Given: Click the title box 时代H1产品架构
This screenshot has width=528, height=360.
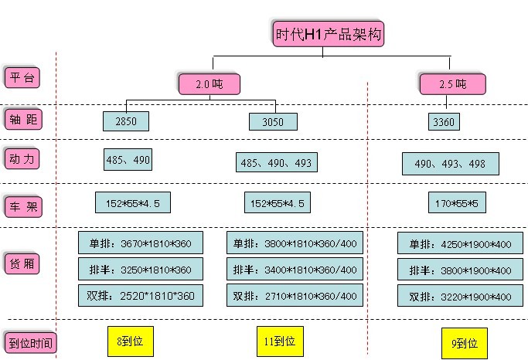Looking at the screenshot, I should tap(328, 33).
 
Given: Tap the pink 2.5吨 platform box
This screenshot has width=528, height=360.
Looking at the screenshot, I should tap(451, 84).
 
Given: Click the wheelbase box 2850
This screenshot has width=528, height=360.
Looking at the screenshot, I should tap(125, 121).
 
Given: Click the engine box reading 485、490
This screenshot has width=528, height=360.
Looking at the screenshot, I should tap(128, 159).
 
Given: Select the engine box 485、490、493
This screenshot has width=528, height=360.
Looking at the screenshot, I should tap(276, 162).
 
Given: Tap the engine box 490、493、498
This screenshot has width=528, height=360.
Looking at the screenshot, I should tap(450, 163).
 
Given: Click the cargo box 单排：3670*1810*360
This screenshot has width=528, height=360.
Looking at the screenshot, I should tap(141, 243).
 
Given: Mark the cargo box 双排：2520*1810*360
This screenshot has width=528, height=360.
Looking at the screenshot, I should tap(141, 295).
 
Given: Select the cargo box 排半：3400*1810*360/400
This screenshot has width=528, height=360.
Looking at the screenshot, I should tap(295, 269).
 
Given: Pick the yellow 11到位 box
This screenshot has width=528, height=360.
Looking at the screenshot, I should tap(279, 341).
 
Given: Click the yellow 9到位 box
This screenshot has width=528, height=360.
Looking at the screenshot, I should tap(465, 342).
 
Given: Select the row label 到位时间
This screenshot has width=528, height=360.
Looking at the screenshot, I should tap(30, 342).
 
